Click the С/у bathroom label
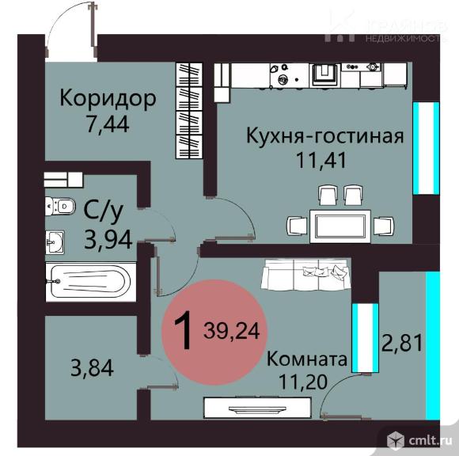pos(102,211)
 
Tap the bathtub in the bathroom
pos(87,281)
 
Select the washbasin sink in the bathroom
pos(56,241)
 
